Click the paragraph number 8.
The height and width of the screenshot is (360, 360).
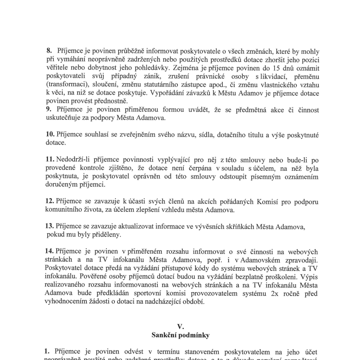point(49,51)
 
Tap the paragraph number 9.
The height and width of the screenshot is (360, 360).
point(49,109)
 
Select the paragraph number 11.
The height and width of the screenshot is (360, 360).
point(50,159)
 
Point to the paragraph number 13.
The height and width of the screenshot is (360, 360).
point(50,226)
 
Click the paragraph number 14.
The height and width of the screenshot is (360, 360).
point(49,251)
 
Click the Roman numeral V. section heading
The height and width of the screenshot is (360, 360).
point(180,327)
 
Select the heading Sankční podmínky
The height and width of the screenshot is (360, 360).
point(180,335)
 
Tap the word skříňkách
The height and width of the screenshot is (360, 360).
point(239,226)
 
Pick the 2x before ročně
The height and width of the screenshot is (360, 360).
point(274,294)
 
